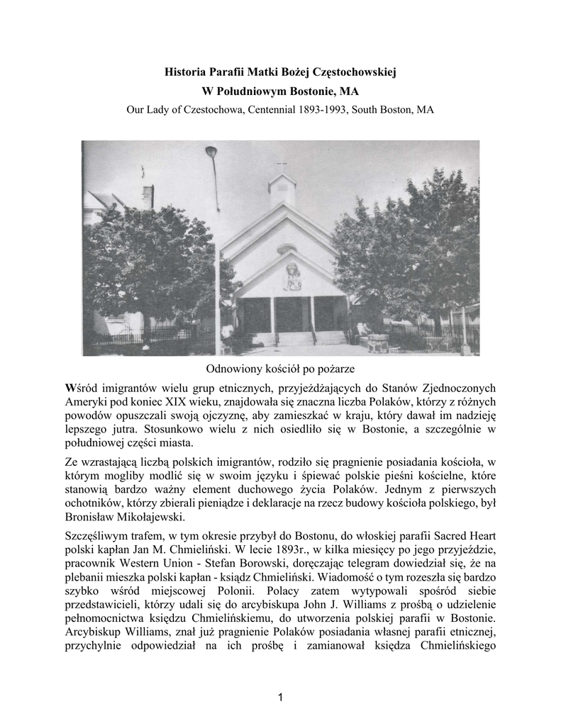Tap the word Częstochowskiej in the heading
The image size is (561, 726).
point(358,72)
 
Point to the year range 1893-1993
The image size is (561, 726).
point(333,110)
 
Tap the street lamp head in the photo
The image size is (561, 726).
point(211,154)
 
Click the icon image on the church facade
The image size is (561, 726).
point(291,276)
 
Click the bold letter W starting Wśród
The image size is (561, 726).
point(69,387)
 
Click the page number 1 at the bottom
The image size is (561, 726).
point(281,698)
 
